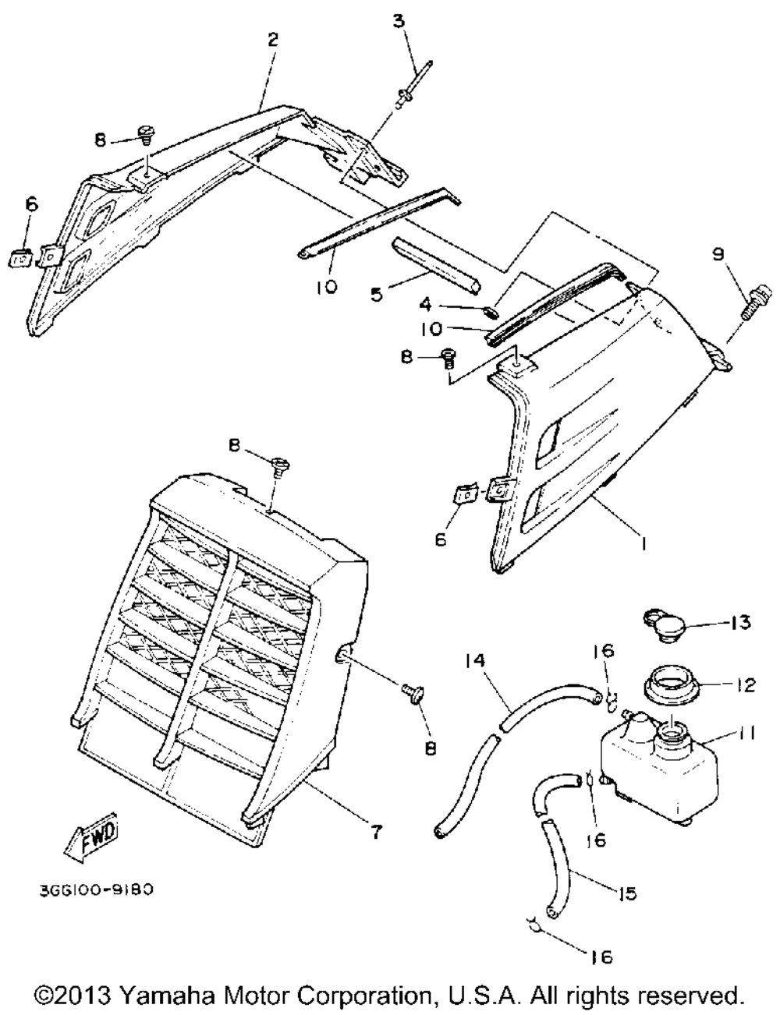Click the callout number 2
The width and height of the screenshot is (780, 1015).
click(272, 40)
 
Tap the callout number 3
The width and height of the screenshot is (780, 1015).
click(399, 20)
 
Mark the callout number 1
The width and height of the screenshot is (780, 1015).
click(642, 547)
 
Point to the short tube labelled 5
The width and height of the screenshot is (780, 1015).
click(435, 265)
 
